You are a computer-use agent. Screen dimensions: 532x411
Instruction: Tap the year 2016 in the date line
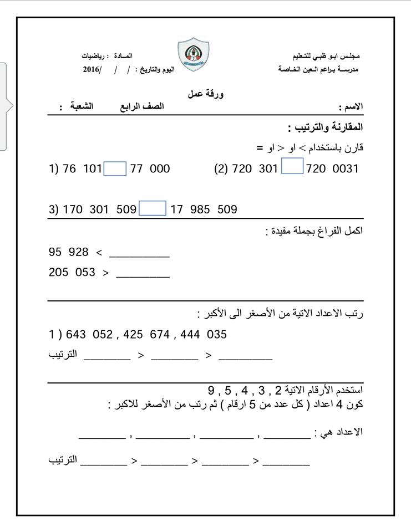(92, 69)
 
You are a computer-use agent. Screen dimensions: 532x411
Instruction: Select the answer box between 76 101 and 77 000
(115, 169)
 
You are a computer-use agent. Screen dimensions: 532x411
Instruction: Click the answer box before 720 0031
(292, 167)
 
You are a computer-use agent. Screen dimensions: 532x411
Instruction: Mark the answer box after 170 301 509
(152, 208)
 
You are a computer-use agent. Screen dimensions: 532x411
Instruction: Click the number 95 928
(69, 252)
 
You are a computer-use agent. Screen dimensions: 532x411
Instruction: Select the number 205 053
(72, 273)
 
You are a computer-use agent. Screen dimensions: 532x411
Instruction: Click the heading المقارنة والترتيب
(325, 127)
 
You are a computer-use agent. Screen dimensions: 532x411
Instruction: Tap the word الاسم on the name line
(351, 106)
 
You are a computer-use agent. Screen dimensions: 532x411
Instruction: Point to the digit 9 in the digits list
(211, 387)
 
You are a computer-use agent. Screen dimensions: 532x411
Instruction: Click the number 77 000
(150, 169)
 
